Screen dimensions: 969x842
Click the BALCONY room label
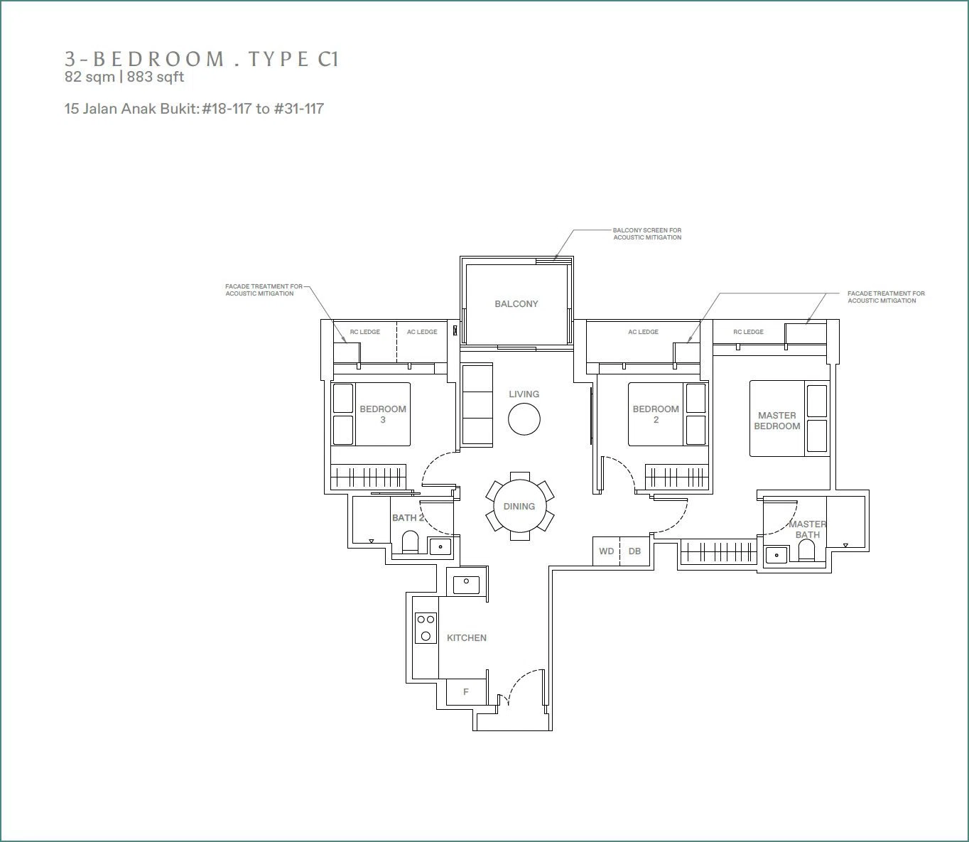click(x=516, y=304)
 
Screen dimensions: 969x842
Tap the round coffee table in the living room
click(x=524, y=419)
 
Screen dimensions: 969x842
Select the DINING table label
click(x=519, y=506)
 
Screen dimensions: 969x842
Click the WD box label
click(x=606, y=551)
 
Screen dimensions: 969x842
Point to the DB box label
click(x=634, y=551)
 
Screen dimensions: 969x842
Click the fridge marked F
click(x=466, y=692)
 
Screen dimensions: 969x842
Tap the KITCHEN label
click(x=467, y=638)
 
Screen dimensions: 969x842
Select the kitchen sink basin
click(x=467, y=585)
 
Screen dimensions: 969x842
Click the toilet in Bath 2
click(x=410, y=541)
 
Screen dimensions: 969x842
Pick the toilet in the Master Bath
click(x=806, y=550)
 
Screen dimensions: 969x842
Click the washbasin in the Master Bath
click(x=776, y=554)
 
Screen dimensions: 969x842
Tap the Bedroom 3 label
click(x=383, y=414)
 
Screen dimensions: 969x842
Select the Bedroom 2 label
click(x=656, y=414)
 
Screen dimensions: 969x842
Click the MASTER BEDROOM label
click(x=776, y=421)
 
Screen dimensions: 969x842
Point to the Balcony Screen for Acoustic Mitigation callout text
click(x=647, y=234)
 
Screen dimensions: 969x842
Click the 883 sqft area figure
click(x=156, y=77)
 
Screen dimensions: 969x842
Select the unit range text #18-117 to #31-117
click(x=263, y=109)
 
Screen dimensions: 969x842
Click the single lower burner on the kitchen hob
click(x=426, y=636)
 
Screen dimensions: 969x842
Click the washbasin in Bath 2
click(x=440, y=546)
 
